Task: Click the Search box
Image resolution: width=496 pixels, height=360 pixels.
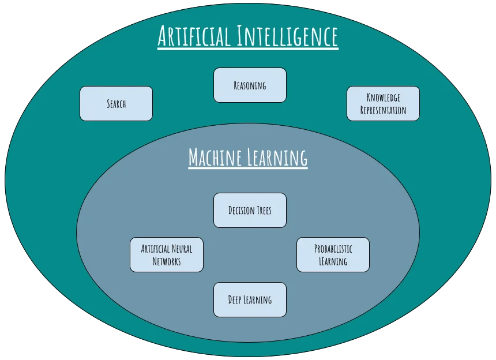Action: click(116, 104)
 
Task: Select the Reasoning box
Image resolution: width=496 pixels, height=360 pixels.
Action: click(250, 85)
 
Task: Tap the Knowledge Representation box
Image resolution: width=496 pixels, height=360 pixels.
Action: click(383, 104)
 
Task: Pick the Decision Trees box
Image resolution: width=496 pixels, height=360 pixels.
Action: click(250, 210)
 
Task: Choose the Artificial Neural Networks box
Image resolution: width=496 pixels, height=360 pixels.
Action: click(167, 254)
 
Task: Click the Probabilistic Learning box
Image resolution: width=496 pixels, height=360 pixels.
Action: click(333, 254)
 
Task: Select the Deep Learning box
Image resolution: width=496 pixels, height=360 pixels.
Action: click(250, 299)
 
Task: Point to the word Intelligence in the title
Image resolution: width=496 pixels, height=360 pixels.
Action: click(287, 36)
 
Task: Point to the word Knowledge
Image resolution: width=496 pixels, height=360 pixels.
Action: click(383, 98)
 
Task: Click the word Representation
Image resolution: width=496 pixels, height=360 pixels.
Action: click(383, 110)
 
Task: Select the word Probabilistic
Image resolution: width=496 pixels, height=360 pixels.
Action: click(333, 249)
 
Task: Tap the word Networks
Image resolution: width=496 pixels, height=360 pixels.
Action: click(167, 261)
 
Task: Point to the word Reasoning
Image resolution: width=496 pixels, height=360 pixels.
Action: click(250, 85)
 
